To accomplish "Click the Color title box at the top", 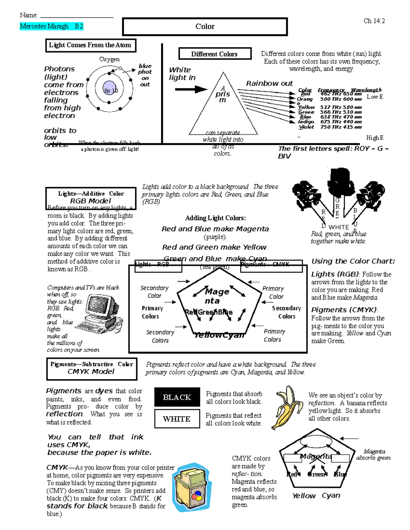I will (205, 27).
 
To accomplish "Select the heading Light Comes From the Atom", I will (91, 45).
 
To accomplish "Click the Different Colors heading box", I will (215, 54).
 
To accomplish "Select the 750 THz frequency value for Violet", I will (330, 127).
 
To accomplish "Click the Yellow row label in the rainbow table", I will (306, 107).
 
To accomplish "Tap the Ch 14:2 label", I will (374, 21).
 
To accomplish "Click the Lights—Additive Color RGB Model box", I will (91, 198).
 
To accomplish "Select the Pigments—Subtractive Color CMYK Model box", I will (92, 368).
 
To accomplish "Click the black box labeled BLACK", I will (177, 397).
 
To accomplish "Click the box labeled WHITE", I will (177, 419).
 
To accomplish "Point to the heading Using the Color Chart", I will (353, 261).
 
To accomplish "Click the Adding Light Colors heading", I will (215, 218).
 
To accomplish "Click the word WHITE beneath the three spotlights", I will (339, 227).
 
